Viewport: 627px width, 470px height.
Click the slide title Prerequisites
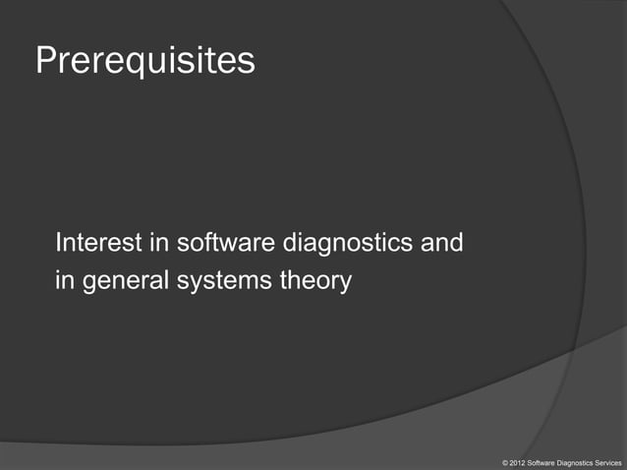pos(144,61)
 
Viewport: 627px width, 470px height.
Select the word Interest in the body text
pos(96,242)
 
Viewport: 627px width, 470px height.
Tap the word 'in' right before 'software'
pos(154,242)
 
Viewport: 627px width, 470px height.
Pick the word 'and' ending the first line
pos(442,242)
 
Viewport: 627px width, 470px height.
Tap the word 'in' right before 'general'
pos(65,281)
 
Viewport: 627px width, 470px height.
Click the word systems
pos(223,282)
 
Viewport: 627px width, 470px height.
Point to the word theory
pos(314,282)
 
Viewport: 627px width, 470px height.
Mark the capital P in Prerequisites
pos(46,60)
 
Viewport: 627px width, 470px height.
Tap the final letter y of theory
pos(344,284)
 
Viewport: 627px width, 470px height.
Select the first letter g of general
pos(89,284)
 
